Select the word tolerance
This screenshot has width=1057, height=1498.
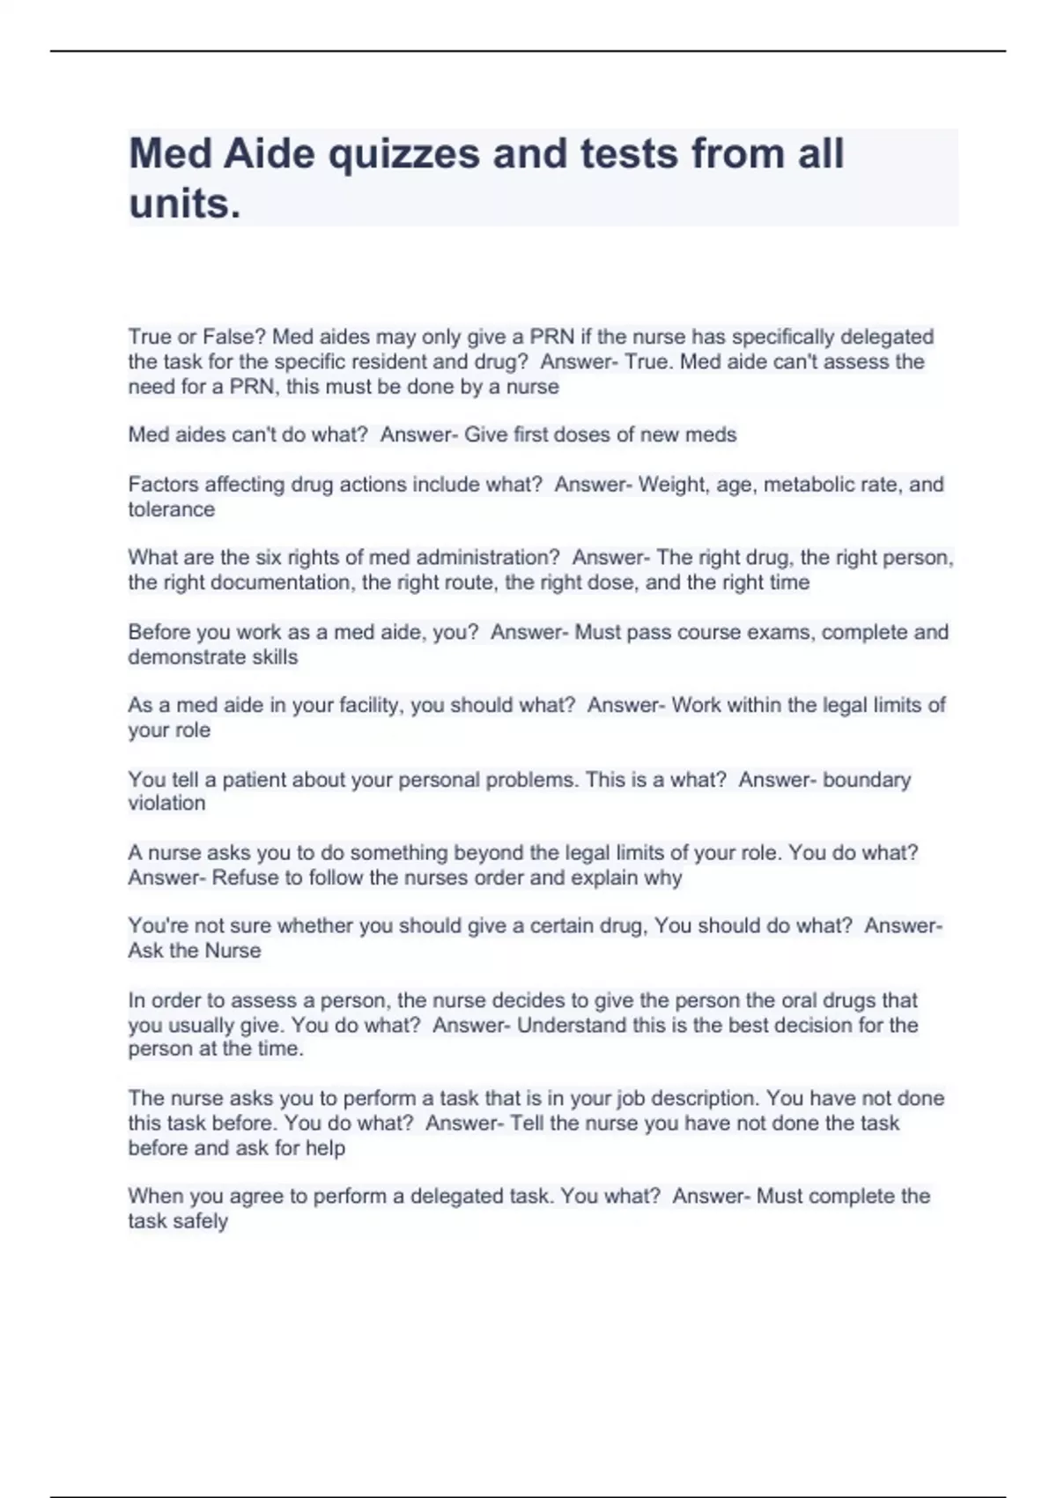point(171,509)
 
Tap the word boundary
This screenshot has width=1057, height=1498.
point(867,780)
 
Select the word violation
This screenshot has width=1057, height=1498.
point(166,803)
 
